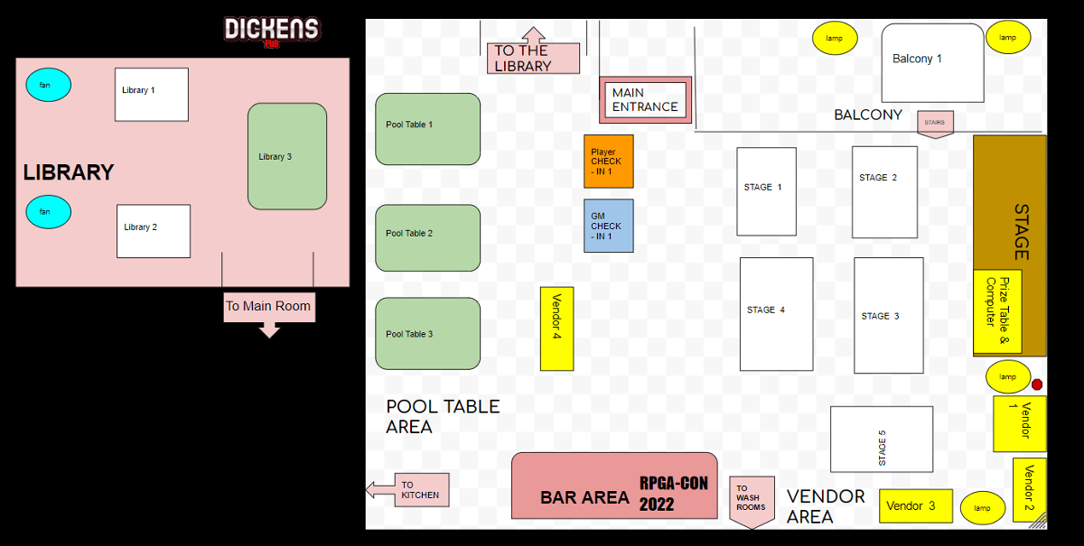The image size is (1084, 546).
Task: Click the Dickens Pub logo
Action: pos(271,30)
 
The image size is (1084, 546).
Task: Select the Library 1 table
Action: pos(151,94)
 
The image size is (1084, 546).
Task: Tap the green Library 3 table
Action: pos(287,156)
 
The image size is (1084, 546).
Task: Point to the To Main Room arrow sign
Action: pos(268,309)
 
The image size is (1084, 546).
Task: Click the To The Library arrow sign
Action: pos(533,56)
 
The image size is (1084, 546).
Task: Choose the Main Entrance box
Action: pos(645,99)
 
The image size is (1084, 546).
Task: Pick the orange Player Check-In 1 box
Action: pos(608,162)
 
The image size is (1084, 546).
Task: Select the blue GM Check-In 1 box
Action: pos(608,226)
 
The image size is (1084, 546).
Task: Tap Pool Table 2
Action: pos(427,237)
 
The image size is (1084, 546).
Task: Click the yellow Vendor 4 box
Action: pos(556,329)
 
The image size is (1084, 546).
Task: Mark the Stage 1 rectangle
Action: pos(766,190)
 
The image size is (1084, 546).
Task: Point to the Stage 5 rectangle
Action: pos(881,439)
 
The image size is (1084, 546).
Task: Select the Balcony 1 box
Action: pos(932,62)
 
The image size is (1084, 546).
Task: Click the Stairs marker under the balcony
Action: pos(935,123)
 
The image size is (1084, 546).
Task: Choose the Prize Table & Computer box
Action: pos(997,311)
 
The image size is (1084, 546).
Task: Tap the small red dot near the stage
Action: pos(1037,384)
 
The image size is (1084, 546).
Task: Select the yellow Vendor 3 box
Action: pos(915,505)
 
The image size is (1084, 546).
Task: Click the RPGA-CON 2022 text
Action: pos(673,494)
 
